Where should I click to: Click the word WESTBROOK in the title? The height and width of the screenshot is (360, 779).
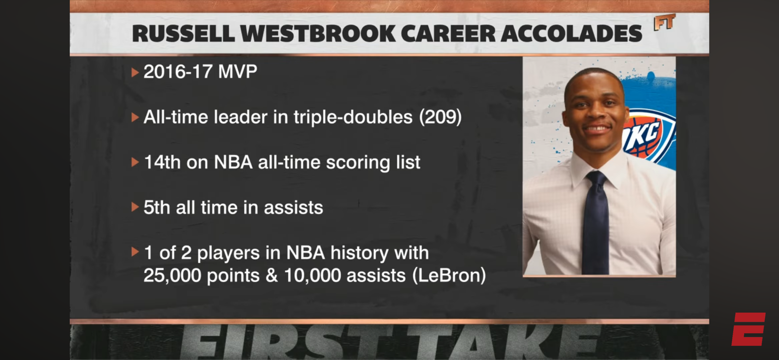(x=317, y=34)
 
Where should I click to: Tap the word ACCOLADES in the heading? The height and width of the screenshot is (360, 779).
(x=571, y=34)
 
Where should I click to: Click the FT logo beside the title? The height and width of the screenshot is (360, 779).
(x=665, y=22)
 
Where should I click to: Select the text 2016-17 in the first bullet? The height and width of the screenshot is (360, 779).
(x=178, y=72)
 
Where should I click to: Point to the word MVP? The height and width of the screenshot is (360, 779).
(x=238, y=72)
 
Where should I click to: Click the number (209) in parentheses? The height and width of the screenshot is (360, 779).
(x=440, y=117)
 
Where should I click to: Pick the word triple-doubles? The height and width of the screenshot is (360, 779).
(x=353, y=117)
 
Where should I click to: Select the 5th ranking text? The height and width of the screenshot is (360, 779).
(x=157, y=208)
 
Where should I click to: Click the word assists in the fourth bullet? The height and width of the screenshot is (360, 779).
(x=294, y=208)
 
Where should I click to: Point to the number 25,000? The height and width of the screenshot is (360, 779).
(x=172, y=276)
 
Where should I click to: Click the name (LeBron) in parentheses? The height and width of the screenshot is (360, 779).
(x=449, y=275)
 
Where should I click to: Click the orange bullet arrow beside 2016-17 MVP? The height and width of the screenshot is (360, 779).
(x=135, y=73)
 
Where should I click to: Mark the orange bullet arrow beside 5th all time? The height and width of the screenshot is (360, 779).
(x=135, y=208)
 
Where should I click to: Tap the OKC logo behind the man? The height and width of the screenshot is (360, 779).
(x=649, y=135)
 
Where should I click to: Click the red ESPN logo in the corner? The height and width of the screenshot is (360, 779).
(x=748, y=329)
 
